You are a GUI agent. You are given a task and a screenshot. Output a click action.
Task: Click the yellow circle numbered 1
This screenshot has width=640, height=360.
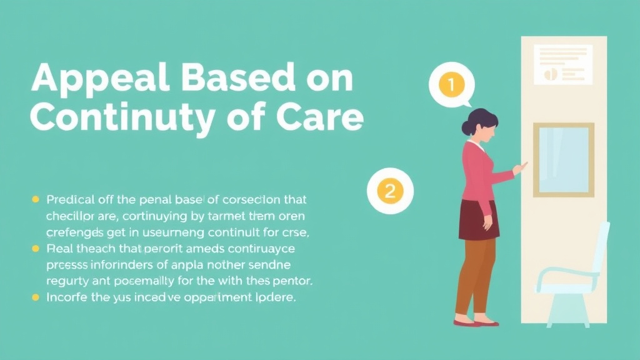pyautogui.click(x=451, y=84)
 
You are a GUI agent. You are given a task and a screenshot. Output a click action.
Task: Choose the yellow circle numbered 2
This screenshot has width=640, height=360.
pyautogui.click(x=390, y=191)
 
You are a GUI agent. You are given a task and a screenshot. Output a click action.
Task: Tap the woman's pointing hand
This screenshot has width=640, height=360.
pyautogui.click(x=519, y=168)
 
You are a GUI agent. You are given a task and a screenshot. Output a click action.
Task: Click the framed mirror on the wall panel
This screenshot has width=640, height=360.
pyautogui.click(x=563, y=159)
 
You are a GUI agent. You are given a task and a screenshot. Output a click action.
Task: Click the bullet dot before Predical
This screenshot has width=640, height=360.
pyautogui.click(x=36, y=200)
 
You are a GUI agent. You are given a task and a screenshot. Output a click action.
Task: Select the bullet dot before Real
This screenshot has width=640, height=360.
pyautogui.click(x=36, y=248)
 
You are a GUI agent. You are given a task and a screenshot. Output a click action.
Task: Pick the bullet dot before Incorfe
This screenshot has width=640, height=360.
pyautogui.click(x=36, y=297)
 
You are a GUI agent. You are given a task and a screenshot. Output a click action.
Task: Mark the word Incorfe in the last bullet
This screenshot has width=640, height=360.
pyautogui.click(x=67, y=297)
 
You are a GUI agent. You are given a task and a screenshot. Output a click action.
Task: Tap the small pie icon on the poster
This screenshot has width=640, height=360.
pyautogui.click(x=551, y=74)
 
